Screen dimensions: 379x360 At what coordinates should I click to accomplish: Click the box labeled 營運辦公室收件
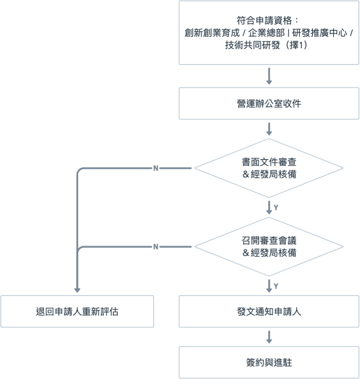click(269, 103)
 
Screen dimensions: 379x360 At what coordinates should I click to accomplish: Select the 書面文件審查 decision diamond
click(269, 168)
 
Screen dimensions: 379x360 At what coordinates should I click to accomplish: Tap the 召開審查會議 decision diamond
click(269, 247)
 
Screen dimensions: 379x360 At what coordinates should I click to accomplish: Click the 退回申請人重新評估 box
click(77, 311)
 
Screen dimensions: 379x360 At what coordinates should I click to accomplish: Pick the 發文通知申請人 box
click(269, 311)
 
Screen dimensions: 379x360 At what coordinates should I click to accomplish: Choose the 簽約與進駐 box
click(269, 363)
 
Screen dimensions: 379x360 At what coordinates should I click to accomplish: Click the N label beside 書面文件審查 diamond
click(155, 168)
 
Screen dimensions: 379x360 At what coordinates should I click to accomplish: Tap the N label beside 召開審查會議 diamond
click(155, 247)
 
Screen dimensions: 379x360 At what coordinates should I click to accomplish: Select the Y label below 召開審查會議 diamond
click(276, 286)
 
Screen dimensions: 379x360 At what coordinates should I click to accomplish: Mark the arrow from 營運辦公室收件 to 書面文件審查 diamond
click(269, 128)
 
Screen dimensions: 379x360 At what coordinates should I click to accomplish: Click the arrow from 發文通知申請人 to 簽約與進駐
click(269, 337)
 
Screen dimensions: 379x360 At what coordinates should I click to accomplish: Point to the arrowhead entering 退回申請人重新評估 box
click(77, 289)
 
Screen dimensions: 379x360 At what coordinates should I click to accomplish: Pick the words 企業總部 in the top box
click(263, 33)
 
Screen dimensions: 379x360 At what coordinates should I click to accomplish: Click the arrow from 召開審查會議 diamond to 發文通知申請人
click(269, 286)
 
